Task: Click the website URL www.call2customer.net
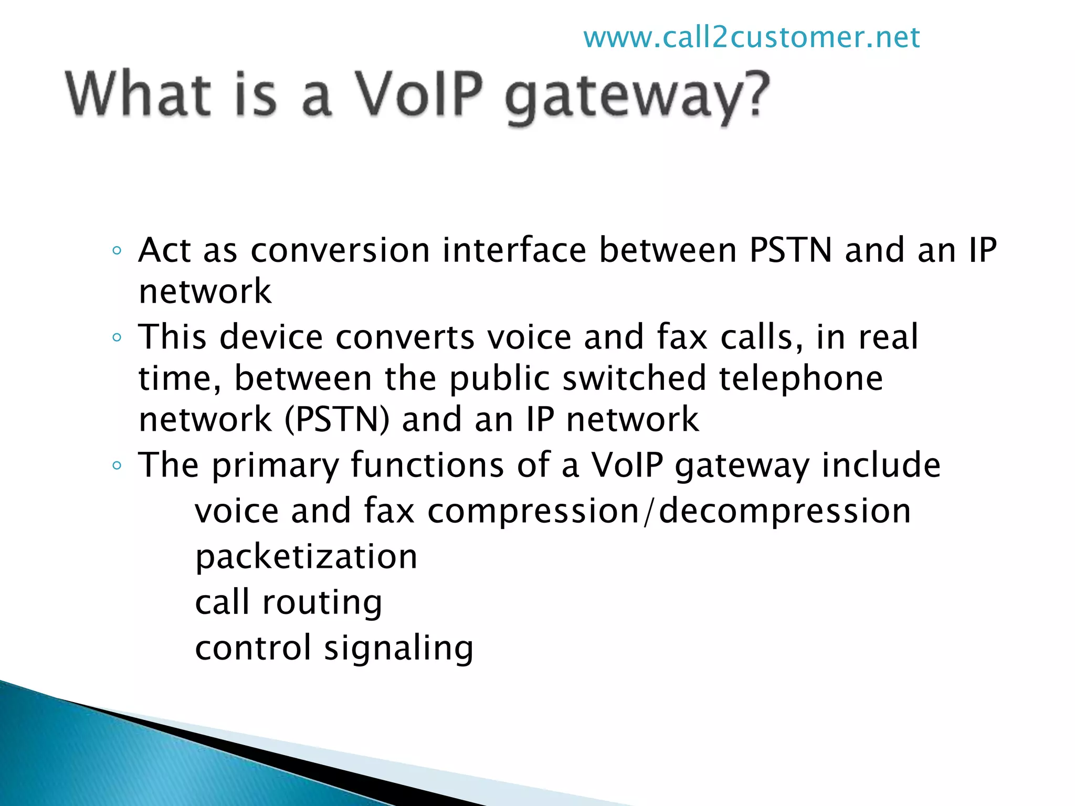click(751, 38)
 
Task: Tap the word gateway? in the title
click(637, 98)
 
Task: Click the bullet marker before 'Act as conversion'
click(117, 251)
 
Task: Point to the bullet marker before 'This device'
click(117, 337)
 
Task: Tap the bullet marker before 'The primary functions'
click(117, 465)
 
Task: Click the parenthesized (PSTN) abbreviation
click(337, 420)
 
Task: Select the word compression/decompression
click(669, 511)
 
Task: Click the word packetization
click(306, 557)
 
